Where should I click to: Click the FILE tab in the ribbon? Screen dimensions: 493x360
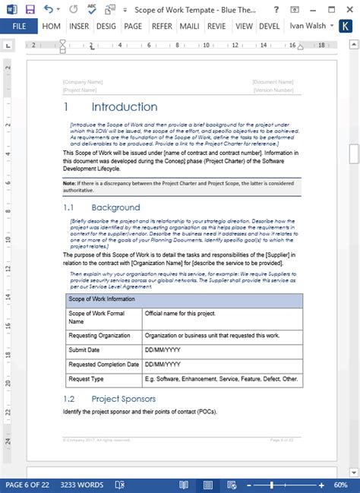(x=19, y=25)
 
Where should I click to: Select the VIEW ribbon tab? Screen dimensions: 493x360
(x=244, y=25)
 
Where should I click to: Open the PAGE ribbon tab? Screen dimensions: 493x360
(x=133, y=25)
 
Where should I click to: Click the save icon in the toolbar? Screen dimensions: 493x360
(x=30, y=9)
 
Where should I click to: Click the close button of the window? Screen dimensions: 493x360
(x=350, y=9)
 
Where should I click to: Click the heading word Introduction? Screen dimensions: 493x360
(x=125, y=107)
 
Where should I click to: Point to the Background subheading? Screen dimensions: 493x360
(x=115, y=207)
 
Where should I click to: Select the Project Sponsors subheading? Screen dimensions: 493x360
(x=123, y=398)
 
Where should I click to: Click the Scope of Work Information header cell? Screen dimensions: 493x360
(x=102, y=299)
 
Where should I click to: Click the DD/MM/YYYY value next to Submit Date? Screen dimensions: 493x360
(x=163, y=349)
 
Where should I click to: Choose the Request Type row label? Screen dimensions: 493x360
(x=86, y=378)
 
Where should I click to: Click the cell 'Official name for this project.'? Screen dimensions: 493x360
(x=180, y=313)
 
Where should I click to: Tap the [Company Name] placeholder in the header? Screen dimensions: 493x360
(x=83, y=81)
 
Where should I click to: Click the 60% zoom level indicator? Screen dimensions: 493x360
(x=342, y=485)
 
